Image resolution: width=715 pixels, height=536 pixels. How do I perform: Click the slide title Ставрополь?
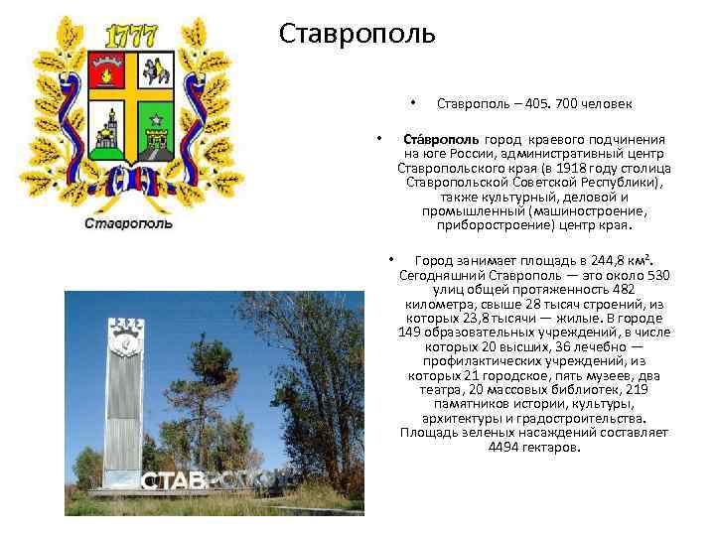[357, 34]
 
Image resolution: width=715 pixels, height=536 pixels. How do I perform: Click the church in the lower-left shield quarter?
[107, 127]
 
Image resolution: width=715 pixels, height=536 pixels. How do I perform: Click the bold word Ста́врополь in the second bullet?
[441, 140]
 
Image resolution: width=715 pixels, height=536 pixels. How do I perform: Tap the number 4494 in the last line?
[505, 447]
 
